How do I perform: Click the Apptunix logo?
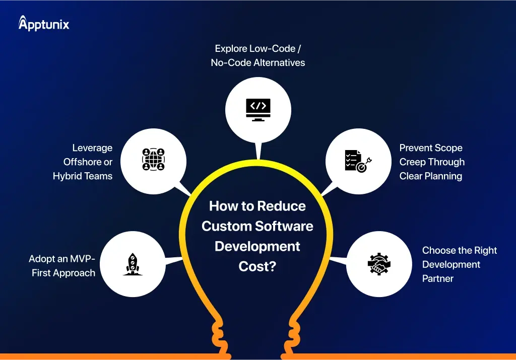point(43,23)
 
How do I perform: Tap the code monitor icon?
point(258,108)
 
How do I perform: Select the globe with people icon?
point(153,159)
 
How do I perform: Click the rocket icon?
point(133,264)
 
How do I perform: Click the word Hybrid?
point(67,176)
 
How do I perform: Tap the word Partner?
point(438,278)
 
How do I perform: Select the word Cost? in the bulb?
point(257,266)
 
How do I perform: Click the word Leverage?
point(92,148)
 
